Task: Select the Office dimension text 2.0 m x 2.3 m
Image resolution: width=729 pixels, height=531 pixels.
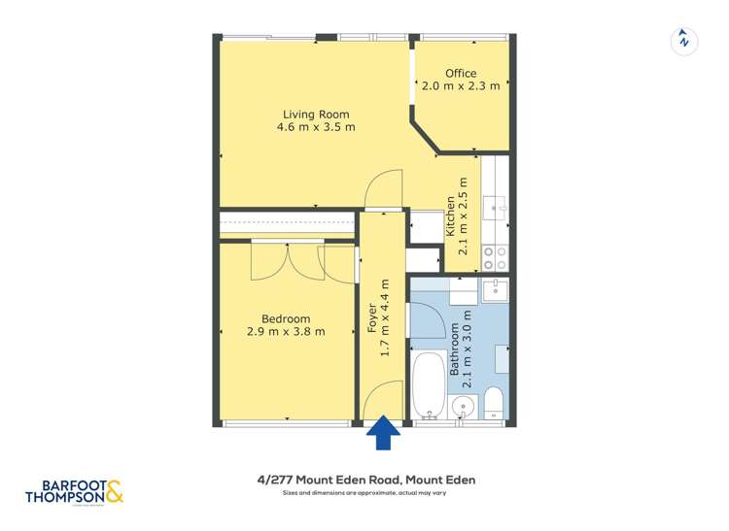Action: point(461,86)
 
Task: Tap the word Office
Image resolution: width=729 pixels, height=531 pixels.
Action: point(461,74)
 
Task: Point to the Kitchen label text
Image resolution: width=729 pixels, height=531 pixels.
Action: point(450,217)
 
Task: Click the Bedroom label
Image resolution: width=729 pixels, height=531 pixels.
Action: point(286,318)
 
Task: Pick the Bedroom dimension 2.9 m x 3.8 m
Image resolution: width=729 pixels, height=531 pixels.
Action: point(286,332)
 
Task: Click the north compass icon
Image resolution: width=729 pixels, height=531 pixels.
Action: point(685,41)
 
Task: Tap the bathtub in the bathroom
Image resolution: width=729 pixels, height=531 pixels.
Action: point(427,385)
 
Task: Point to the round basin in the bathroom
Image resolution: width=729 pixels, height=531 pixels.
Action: point(462,403)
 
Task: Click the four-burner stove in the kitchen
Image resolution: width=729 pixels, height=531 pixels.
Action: point(495,256)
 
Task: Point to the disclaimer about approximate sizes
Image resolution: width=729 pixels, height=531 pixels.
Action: point(364,494)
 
